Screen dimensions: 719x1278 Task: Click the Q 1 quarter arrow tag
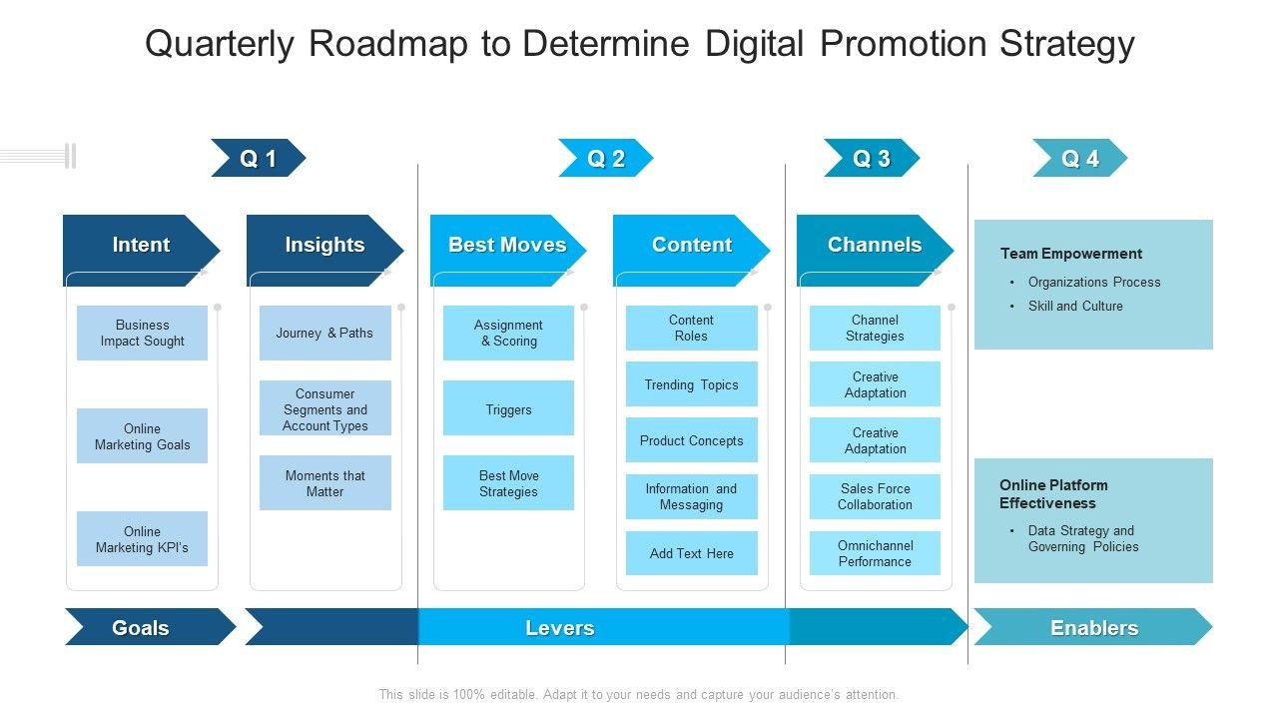click(x=258, y=158)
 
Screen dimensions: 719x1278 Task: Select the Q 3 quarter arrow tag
click(x=871, y=158)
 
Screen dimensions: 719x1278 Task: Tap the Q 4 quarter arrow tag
click(x=1079, y=158)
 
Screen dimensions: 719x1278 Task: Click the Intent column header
click(x=141, y=245)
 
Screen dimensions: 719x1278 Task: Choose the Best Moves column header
click(x=507, y=245)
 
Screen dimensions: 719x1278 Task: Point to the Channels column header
click(x=875, y=245)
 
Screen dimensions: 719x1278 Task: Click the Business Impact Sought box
click(x=142, y=333)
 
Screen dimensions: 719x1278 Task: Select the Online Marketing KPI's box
click(x=142, y=539)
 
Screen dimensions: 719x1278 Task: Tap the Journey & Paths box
click(x=324, y=333)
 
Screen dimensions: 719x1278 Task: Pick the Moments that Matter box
click(x=324, y=483)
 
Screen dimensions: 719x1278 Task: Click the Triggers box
click(x=508, y=409)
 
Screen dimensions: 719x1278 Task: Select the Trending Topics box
click(x=691, y=384)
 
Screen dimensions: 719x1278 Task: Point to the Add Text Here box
click(x=691, y=553)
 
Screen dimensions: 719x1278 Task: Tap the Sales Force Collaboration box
click(x=875, y=496)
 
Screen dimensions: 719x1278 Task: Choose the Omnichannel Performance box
click(x=875, y=553)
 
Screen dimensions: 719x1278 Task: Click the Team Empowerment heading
click(x=1071, y=254)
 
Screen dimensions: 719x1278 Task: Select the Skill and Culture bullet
click(x=1075, y=306)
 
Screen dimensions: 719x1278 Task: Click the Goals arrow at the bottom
click(x=141, y=627)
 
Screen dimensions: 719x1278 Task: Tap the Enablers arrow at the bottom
click(x=1093, y=627)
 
